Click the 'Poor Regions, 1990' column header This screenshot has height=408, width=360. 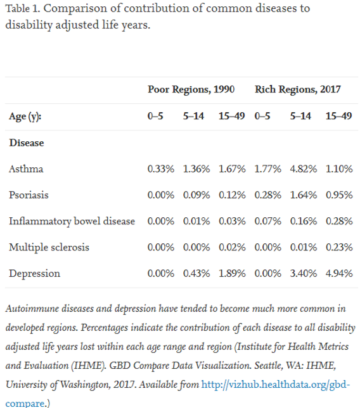(x=191, y=89)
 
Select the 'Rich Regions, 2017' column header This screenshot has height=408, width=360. (x=297, y=89)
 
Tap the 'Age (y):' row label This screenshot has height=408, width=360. (x=25, y=117)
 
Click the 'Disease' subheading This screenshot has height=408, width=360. (x=27, y=143)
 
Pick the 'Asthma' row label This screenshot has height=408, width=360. (x=26, y=169)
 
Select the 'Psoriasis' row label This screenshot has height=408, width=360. (x=29, y=195)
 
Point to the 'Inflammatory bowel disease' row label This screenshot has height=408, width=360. (x=72, y=221)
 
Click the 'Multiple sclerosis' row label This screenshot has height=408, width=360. (x=49, y=247)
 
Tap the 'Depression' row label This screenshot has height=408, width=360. (x=35, y=274)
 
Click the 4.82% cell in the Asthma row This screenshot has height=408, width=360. (x=304, y=169)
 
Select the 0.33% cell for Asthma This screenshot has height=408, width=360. (x=160, y=169)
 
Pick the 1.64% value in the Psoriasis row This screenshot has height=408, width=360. (x=304, y=195)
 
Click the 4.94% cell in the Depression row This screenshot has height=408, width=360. (x=339, y=274)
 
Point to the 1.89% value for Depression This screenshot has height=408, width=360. (x=232, y=274)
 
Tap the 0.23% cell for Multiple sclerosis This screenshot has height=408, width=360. (x=339, y=247)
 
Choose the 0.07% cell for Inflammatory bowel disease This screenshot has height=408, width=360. (x=268, y=221)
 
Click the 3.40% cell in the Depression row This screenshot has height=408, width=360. (x=304, y=274)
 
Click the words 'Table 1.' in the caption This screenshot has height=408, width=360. (x=22, y=9)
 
